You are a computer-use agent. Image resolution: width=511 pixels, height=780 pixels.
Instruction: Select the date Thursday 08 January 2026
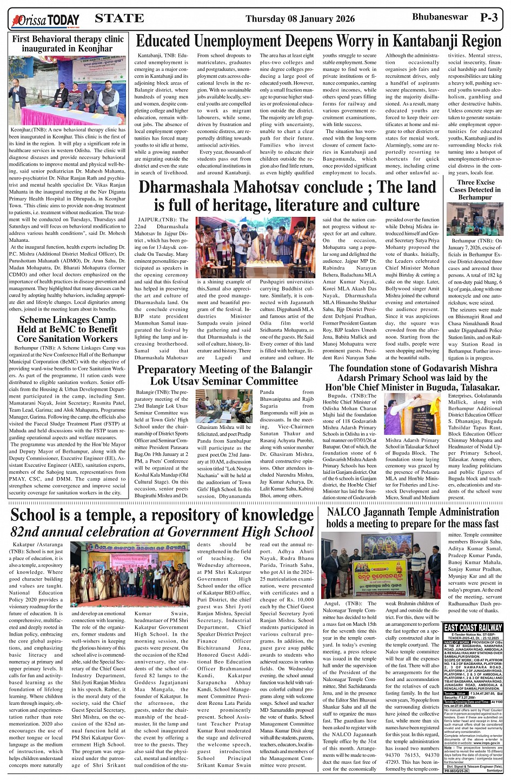tap(300, 19)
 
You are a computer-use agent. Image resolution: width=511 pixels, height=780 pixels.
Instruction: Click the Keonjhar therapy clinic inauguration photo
tap(68, 90)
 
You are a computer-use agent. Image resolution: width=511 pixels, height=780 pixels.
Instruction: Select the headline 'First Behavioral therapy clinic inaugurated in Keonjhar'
tap(68, 44)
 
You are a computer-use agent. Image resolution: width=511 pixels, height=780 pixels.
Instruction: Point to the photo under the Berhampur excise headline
tap(475, 219)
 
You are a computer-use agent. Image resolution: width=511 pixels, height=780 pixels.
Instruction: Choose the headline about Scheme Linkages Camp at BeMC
tap(67, 329)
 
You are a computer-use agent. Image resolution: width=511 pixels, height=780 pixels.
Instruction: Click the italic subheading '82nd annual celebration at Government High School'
tap(162, 532)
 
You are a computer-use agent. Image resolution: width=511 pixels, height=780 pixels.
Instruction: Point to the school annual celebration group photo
tap(130, 574)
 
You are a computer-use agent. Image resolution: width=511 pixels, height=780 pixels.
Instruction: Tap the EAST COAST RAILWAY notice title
tap(472, 627)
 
